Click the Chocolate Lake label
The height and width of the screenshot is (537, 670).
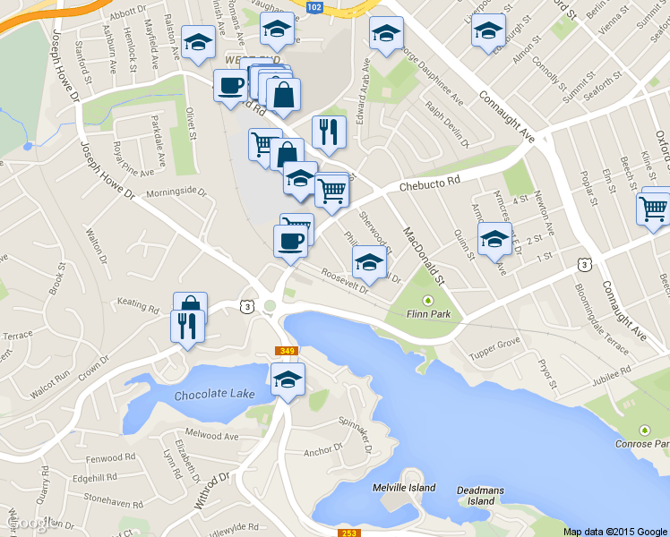point(209,395)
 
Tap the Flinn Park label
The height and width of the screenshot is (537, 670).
point(427,314)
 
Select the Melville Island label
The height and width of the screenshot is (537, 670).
point(403,488)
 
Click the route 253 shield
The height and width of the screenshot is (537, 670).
point(349,533)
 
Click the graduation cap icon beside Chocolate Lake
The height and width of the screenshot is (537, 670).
point(288,379)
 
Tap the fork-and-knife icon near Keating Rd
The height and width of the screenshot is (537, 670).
point(188,325)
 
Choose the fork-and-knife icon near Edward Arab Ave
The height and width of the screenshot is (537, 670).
point(329,132)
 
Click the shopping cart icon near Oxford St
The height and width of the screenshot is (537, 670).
point(654,209)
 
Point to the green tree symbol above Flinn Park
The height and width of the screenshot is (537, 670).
point(427,300)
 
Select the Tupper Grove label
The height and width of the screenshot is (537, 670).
point(494,343)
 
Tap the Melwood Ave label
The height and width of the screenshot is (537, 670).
point(219,437)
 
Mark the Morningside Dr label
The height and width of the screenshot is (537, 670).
point(176,192)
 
